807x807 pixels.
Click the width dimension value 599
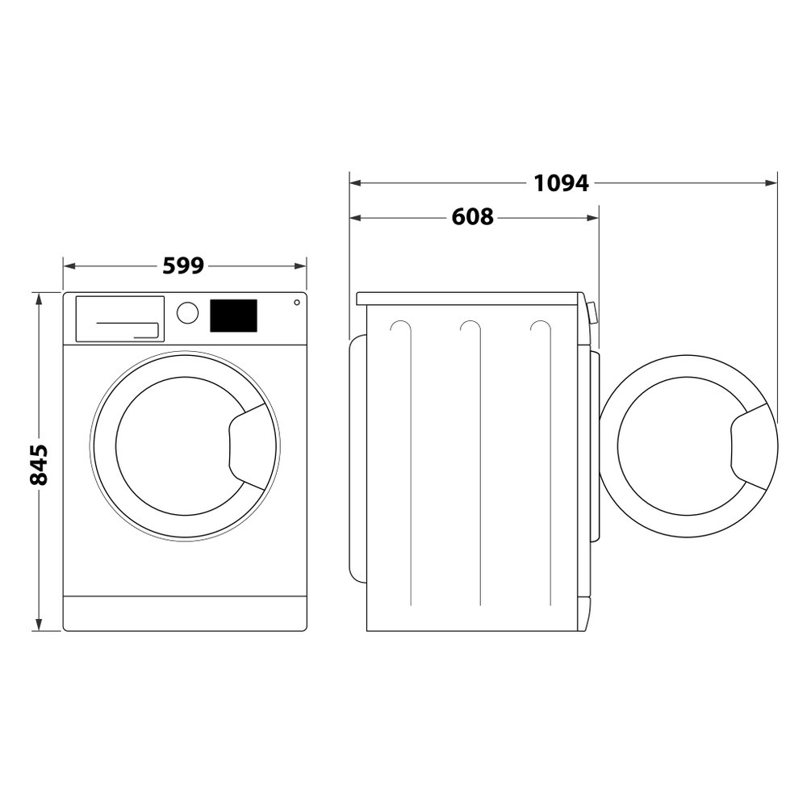[183, 266]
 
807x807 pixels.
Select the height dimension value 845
[38, 464]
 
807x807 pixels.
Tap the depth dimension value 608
[472, 217]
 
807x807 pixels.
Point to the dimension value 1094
[561, 183]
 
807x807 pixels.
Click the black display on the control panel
[233, 316]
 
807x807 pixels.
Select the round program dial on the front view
[187, 313]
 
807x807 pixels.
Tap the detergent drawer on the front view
[119, 319]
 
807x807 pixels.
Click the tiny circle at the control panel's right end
[297, 303]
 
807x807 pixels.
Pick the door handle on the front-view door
[251, 446]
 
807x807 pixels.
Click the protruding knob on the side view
[593, 312]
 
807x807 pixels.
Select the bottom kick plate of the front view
[185, 613]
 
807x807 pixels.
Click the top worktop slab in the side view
[468, 299]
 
